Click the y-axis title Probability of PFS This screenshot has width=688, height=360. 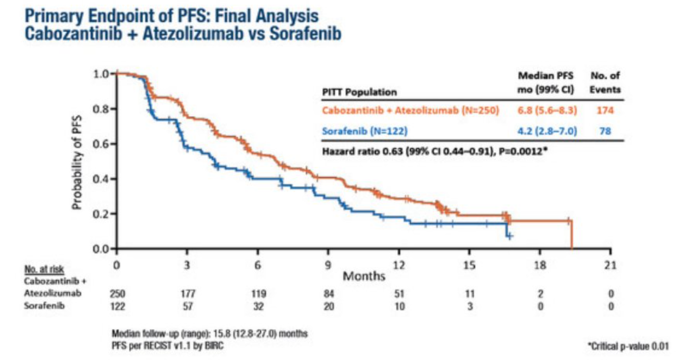point(76,161)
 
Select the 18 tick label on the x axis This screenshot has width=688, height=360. point(540,265)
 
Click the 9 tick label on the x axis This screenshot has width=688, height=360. point(328,265)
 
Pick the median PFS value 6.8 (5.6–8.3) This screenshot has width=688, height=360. point(542,110)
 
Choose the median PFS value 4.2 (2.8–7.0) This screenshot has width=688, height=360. point(542,132)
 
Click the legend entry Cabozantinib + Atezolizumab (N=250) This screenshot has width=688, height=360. point(410,110)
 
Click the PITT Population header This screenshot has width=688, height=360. point(359,92)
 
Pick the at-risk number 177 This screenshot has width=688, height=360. point(187,293)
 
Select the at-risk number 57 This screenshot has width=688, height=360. point(187,305)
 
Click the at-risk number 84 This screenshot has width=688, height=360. point(328,293)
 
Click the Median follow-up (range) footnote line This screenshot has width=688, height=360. point(210,333)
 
